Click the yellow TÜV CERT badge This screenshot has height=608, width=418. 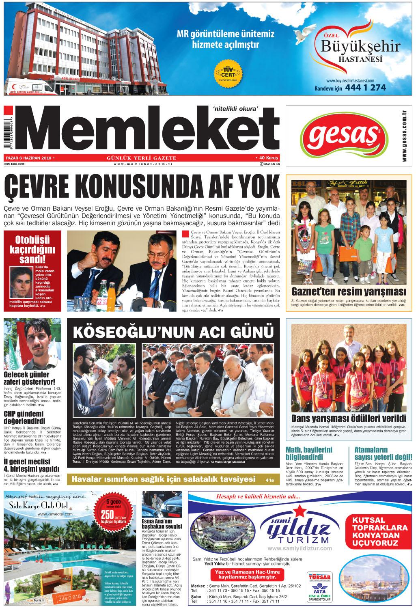228,73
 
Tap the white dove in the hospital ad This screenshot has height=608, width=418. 305,34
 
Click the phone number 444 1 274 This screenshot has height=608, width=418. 365,87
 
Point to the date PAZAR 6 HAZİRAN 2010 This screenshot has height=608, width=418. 28,158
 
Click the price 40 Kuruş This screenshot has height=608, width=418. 268,158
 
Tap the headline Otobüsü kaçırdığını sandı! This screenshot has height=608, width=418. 32,249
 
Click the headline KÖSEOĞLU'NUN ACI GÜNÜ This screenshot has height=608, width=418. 173,332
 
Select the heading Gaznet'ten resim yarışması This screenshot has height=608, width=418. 349,292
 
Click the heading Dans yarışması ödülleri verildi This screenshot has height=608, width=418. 349,418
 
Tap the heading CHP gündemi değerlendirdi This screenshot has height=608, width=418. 24,417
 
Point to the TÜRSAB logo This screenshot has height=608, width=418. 319,577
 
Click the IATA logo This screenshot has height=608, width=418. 319,590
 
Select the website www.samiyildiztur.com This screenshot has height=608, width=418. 299,548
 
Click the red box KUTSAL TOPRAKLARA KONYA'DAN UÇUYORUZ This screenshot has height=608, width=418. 379,531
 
